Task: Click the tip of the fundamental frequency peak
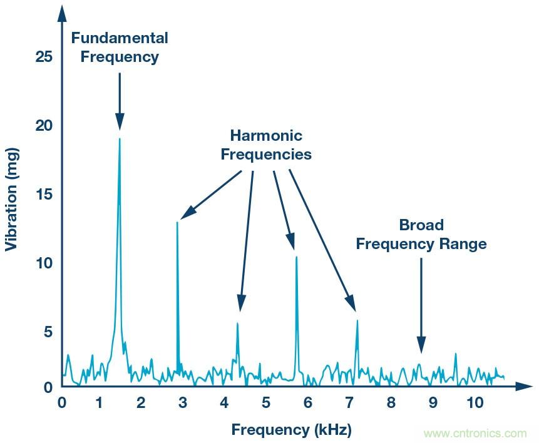click(x=120, y=139)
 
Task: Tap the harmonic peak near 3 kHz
click(x=178, y=223)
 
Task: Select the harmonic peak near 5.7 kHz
click(x=296, y=257)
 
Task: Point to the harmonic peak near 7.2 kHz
click(x=357, y=321)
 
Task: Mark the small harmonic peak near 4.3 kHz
click(x=237, y=323)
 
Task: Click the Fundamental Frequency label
click(x=120, y=47)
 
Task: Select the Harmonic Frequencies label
click(x=266, y=145)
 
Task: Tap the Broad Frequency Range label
click(x=421, y=234)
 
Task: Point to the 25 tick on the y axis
click(x=44, y=58)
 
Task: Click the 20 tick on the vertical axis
click(x=44, y=126)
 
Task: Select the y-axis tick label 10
click(x=44, y=263)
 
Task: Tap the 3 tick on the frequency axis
click(x=182, y=402)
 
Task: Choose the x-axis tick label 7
click(x=349, y=402)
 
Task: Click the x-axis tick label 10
click(x=475, y=402)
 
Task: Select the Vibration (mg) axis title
click(x=11, y=200)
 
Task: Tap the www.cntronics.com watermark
click(x=475, y=433)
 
